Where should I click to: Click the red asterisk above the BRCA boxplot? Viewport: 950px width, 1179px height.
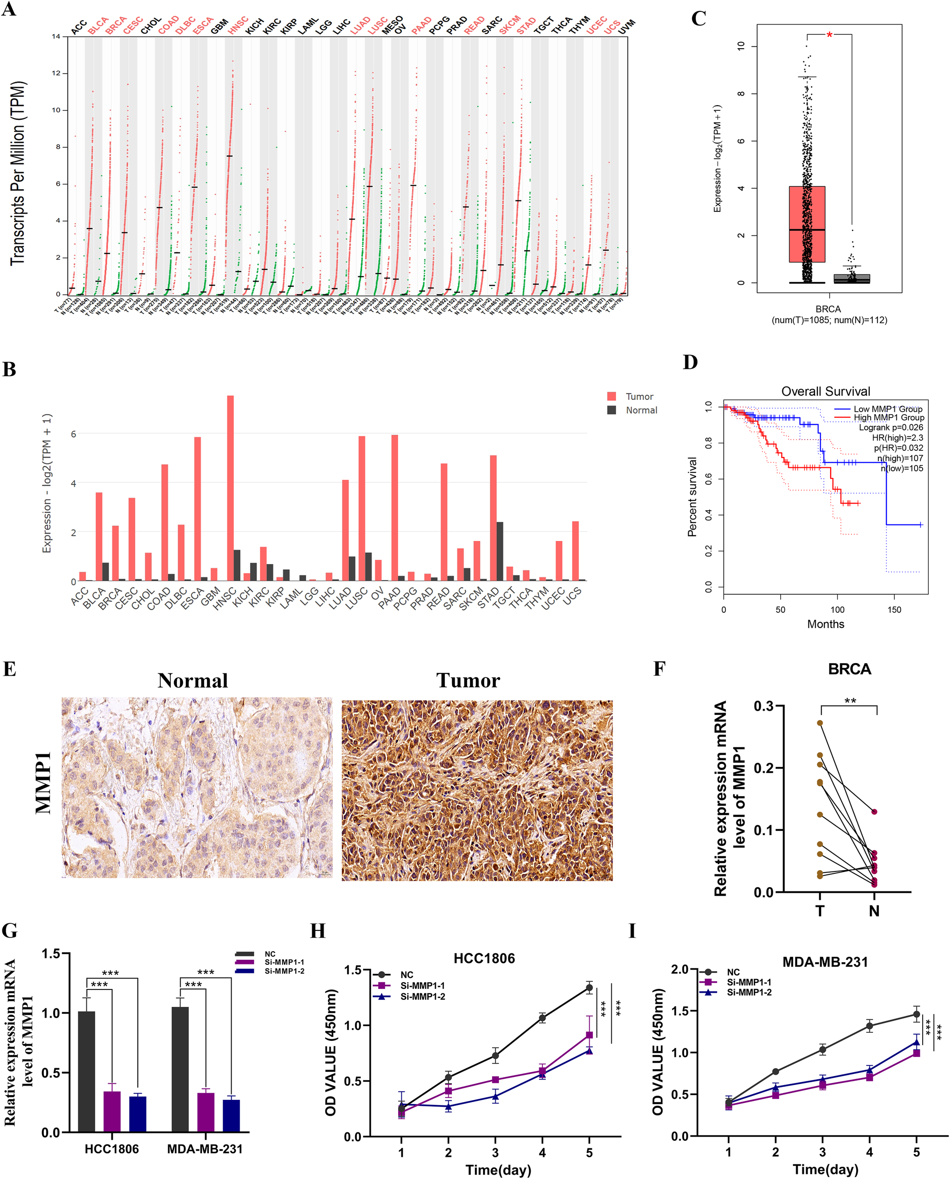829,35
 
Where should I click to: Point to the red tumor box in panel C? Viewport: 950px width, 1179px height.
807,224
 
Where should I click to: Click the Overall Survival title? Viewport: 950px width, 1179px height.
825,391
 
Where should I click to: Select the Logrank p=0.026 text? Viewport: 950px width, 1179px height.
891,427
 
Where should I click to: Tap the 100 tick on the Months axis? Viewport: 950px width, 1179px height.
837,609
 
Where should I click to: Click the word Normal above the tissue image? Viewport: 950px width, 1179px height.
192,680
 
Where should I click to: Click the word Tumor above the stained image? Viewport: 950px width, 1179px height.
468,680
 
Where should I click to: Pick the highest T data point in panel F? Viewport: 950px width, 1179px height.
820,722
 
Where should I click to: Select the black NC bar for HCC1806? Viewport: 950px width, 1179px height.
86,1071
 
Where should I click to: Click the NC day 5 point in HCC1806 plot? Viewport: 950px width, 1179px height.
589,988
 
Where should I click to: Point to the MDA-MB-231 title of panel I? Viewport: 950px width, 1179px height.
825,962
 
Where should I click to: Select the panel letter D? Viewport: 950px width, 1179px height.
690,362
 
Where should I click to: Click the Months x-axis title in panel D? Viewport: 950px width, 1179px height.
825,624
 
